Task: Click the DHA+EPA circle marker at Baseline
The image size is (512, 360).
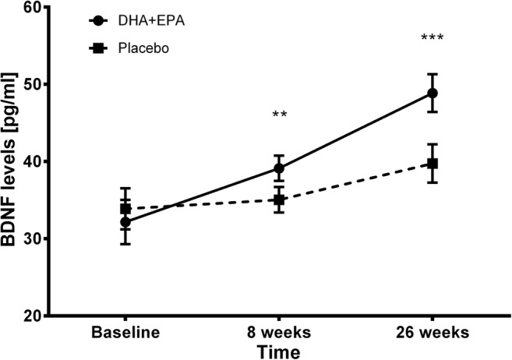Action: (x=125, y=222)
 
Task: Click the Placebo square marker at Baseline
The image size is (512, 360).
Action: (x=125, y=209)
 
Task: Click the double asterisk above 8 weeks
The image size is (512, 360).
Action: (x=280, y=116)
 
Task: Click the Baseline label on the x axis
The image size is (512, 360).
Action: (x=125, y=334)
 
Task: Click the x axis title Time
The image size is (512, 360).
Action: (x=279, y=351)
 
